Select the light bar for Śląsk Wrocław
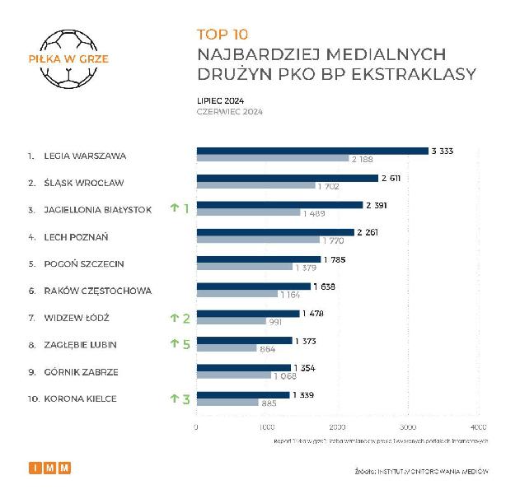[x=255, y=185]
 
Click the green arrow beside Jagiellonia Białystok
[x=174, y=208]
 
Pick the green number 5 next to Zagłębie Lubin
[x=186, y=344]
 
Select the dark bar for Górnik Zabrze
[x=243, y=367]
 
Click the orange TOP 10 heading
[x=223, y=35]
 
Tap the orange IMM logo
[x=50, y=468]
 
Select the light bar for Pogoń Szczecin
[x=244, y=267]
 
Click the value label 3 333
[x=443, y=151]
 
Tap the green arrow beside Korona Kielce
[x=174, y=398]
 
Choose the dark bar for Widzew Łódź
[x=248, y=313]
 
